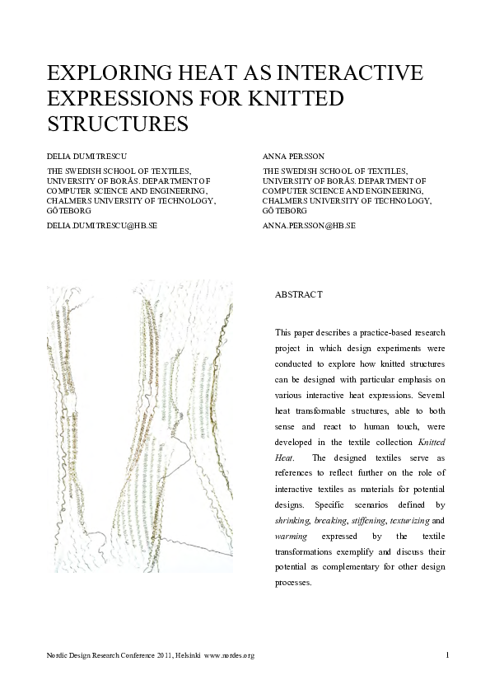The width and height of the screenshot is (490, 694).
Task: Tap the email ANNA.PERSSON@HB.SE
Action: pyautogui.click(x=309, y=224)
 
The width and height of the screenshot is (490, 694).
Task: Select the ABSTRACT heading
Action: pyautogui.click(x=297, y=294)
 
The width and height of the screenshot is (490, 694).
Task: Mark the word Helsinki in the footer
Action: pyautogui.click(x=184, y=655)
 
